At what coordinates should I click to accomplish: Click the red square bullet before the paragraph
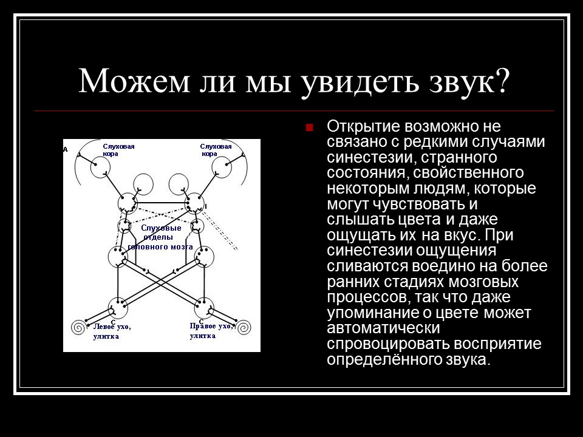tap(309, 128)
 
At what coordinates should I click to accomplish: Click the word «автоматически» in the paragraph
tap(383, 328)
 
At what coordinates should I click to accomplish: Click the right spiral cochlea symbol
tap(242, 328)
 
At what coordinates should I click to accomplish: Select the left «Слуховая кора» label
tap(118, 150)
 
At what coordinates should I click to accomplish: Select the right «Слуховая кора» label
tap(217, 150)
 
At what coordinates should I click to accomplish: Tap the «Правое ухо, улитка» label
tap(211, 331)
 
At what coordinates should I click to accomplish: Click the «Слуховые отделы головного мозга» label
tap(160, 237)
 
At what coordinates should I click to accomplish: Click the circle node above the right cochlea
tap(204, 307)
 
